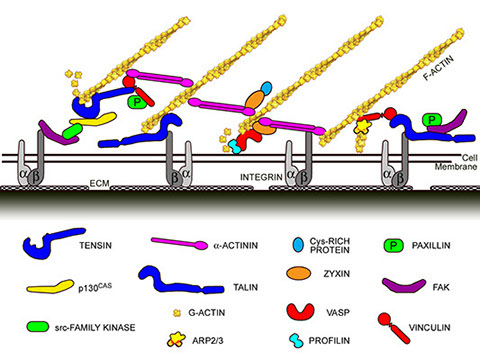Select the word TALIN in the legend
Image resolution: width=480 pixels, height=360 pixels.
coord(245,287)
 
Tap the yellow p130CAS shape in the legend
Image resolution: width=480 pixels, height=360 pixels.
coord(50,287)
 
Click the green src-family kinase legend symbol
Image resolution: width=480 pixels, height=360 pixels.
coord(38,326)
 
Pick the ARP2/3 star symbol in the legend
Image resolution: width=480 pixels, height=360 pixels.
coord(176,339)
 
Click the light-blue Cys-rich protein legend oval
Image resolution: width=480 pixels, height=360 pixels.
coord(298,244)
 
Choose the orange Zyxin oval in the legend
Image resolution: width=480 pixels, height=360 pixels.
coord(299,273)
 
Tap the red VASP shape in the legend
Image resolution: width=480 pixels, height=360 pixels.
coord(300,311)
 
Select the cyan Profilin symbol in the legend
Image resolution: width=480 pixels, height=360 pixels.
coord(297,340)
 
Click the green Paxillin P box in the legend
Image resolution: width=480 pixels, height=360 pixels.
coord(393,246)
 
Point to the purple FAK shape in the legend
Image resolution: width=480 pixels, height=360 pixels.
coord(404,286)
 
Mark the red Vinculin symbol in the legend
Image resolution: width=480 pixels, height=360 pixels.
coord(393,328)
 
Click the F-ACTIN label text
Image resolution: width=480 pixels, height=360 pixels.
coord(438,68)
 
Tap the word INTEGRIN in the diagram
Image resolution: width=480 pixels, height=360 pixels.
coord(261,177)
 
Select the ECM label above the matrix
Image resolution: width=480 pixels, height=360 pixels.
coord(99,183)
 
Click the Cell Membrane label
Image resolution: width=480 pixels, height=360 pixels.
coord(456,162)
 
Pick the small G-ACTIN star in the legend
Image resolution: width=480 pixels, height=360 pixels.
coord(177,313)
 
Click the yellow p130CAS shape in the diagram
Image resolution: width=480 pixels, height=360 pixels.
coord(94,119)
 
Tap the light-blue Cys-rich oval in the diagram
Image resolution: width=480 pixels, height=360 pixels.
coord(266,88)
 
